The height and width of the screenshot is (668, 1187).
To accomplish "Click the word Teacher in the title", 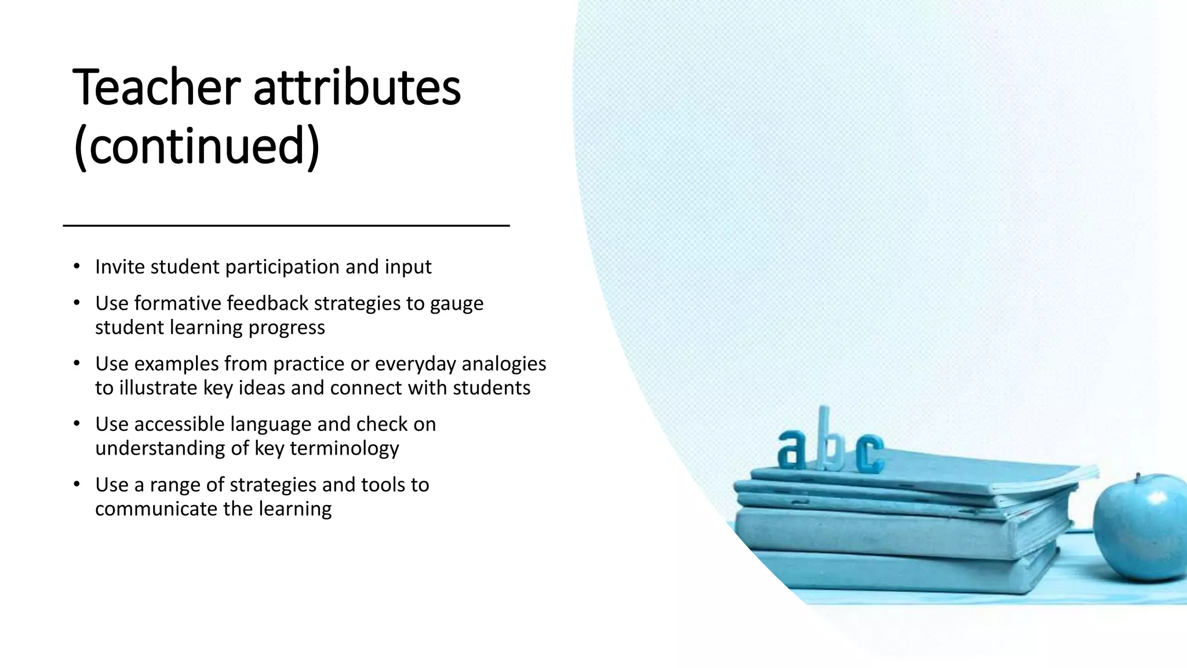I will click(156, 88).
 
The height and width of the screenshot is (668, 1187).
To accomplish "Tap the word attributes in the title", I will click(357, 88).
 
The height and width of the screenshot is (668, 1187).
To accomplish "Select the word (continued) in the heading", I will click(197, 146).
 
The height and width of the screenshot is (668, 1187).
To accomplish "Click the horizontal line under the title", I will click(286, 226).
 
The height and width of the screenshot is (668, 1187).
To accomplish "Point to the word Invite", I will click(120, 267).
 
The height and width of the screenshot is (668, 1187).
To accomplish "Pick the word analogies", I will click(504, 364).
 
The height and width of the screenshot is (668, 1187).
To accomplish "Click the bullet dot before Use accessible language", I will click(77, 424).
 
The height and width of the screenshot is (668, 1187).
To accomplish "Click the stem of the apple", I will click(1138, 478).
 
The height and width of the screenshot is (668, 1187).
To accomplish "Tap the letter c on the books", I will click(869, 453).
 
